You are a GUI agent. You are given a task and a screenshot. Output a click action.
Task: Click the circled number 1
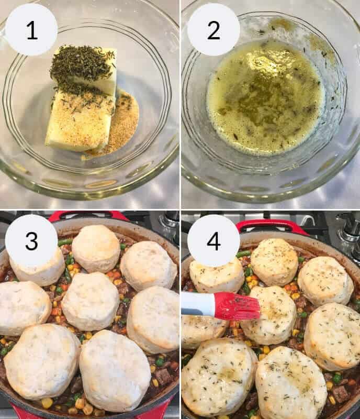[x=31, y=30]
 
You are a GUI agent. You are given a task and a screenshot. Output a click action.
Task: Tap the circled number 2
[x=213, y=30]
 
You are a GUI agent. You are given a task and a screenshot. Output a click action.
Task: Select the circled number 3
[x=31, y=240]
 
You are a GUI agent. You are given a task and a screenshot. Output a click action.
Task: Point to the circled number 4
[x=213, y=240]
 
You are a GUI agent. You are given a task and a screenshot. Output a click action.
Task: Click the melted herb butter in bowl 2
[x=264, y=97]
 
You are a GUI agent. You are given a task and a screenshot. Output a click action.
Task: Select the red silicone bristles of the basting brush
[x=237, y=306]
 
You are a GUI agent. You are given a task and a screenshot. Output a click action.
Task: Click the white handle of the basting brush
[x=197, y=304]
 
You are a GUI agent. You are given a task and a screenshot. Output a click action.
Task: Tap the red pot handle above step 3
[x=86, y=215]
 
